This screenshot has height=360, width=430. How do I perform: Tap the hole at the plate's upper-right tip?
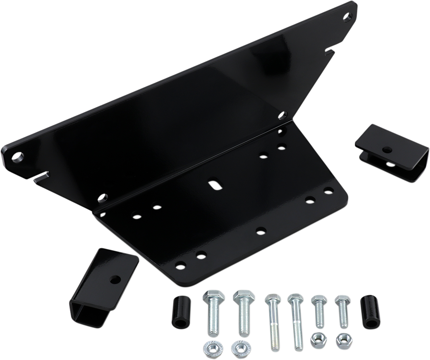coord(347,17)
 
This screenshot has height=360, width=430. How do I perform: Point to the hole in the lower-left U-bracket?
coord(115,279)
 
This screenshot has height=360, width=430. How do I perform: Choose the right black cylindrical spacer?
coord(371,312)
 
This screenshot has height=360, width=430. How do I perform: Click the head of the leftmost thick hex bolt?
coord(214,297)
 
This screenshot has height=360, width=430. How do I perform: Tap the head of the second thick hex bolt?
coord(244,297)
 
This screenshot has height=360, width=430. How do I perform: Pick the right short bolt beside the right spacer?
coord(342,312)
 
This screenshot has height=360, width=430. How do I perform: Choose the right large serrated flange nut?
coord(240,348)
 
